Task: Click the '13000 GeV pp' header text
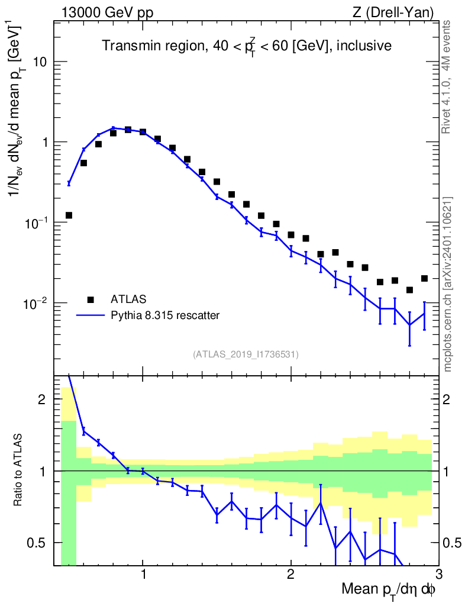[108, 12]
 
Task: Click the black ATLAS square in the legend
[91, 299]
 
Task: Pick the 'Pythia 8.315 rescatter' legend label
[165, 315]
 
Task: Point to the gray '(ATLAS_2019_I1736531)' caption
[246, 354]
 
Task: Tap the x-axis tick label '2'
[290, 576]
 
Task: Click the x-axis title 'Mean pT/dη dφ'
[389, 590]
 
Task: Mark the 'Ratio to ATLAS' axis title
[19, 470]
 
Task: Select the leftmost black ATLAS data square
[69, 215]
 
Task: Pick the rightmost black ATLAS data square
[424, 278]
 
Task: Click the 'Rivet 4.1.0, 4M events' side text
[447, 77]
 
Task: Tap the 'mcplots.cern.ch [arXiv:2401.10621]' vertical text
[448, 284]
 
